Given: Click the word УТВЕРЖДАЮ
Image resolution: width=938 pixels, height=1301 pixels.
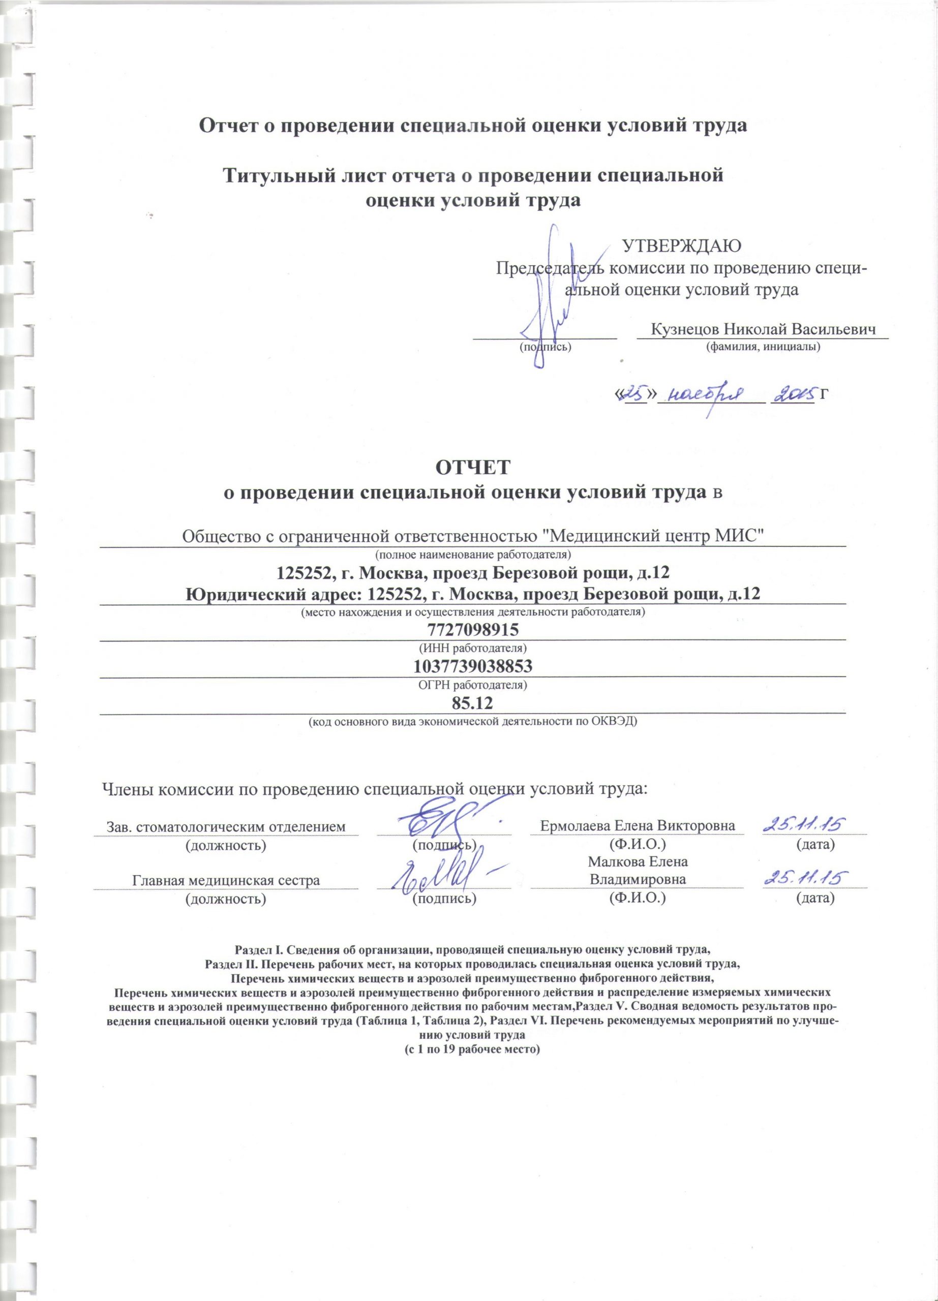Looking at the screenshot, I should (x=682, y=245).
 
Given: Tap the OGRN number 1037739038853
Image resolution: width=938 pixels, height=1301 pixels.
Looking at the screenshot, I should (x=473, y=667).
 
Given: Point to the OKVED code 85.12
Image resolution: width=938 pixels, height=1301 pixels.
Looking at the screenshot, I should (x=473, y=703).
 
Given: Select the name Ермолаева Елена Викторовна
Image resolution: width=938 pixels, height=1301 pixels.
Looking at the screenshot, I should (x=638, y=825).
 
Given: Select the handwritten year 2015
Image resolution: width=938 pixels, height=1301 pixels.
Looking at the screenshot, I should (x=794, y=393).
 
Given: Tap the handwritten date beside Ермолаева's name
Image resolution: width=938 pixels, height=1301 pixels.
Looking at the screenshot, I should (x=805, y=824).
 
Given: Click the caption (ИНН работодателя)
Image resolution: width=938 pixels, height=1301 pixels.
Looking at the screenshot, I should (x=473, y=648).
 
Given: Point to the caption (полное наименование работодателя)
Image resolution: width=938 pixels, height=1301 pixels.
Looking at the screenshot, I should (x=473, y=554).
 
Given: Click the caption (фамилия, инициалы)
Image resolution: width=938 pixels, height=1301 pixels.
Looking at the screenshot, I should (x=763, y=347).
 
